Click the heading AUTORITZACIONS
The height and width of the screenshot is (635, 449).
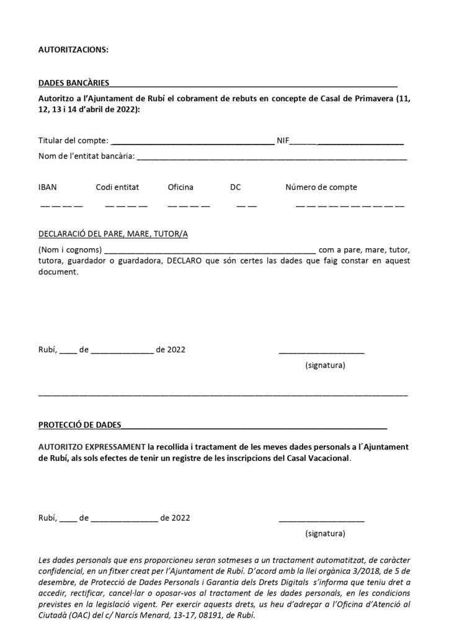coord(73,51)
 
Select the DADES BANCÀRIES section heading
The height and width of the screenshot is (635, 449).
coord(74,82)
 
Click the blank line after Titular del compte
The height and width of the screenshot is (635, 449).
coord(192,143)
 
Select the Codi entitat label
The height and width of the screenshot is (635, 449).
coord(117,187)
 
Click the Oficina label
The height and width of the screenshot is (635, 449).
coord(180,187)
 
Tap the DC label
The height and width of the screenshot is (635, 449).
coord(236,187)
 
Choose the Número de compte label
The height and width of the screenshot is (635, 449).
coord(321,187)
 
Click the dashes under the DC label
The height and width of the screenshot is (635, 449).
coord(246,205)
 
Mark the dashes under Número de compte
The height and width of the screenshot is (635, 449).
coord(350,205)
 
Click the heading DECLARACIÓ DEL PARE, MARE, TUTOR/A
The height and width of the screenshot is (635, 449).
coord(113,234)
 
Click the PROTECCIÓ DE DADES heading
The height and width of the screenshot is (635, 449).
coord(79,425)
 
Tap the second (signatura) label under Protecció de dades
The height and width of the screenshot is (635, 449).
coord(326,533)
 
